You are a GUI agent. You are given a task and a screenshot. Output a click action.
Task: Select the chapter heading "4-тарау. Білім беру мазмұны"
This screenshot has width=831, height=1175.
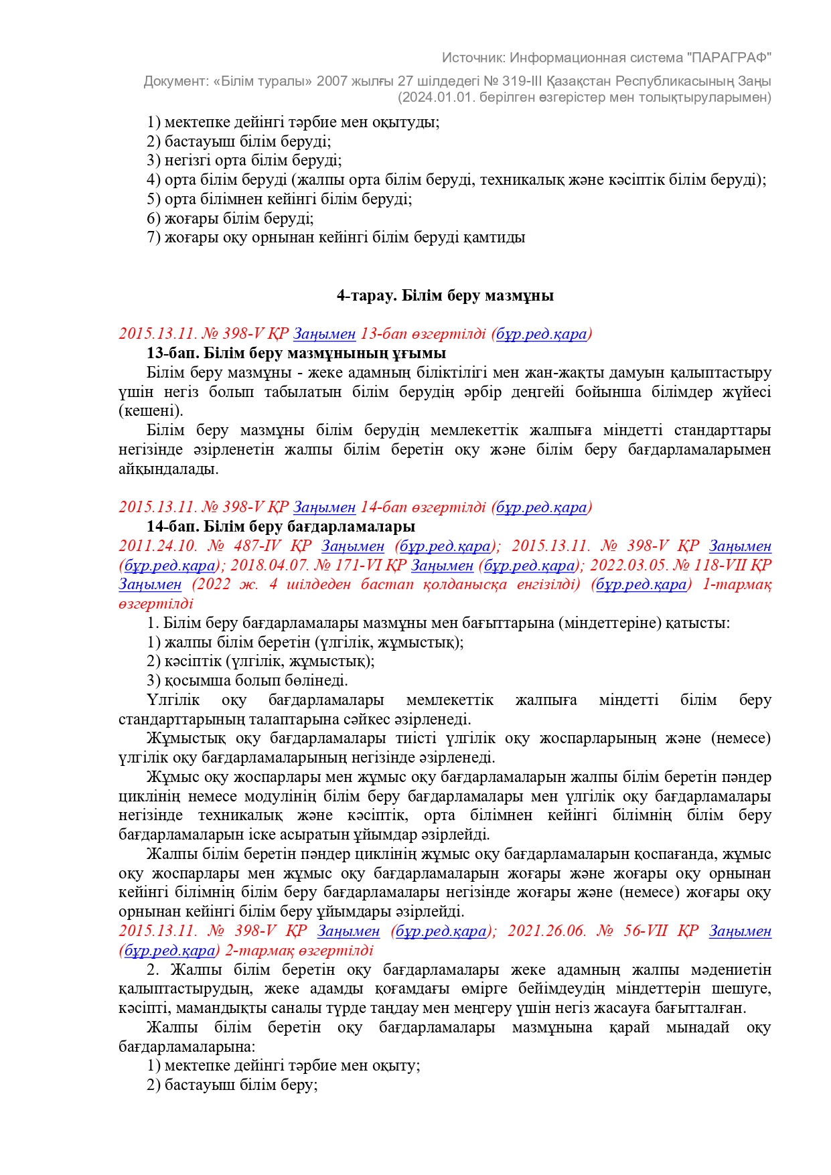[x=445, y=295]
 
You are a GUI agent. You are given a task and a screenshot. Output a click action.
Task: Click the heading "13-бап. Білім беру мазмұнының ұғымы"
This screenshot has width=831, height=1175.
[x=296, y=353]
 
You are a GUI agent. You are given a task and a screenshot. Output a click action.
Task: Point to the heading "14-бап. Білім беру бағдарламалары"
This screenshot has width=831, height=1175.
[x=281, y=526]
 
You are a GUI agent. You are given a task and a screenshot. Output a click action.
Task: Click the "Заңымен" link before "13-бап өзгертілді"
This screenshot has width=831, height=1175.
[x=324, y=333]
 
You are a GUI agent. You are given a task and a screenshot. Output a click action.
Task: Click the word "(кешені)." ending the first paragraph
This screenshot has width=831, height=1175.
[x=151, y=410]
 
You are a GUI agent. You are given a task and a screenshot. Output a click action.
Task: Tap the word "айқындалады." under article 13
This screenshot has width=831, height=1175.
[x=169, y=469]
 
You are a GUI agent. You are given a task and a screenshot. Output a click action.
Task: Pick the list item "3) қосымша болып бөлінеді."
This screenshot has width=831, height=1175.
[x=247, y=680]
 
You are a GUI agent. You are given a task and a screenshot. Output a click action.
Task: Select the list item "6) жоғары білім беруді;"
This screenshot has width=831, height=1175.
[x=230, y=218]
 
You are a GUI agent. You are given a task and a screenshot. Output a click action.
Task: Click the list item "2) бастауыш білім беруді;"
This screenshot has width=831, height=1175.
[x=238, y=141]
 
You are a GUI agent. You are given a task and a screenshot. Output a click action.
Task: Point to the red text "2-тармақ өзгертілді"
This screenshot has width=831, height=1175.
[x=299, y=951]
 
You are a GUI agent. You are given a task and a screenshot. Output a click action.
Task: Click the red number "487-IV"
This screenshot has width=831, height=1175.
[x=257, y=546]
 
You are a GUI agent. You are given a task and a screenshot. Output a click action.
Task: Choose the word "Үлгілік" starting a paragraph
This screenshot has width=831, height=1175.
[x=173, y=700]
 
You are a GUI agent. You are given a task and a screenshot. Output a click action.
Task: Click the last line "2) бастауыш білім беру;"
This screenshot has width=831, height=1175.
[x=232, y=1085]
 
